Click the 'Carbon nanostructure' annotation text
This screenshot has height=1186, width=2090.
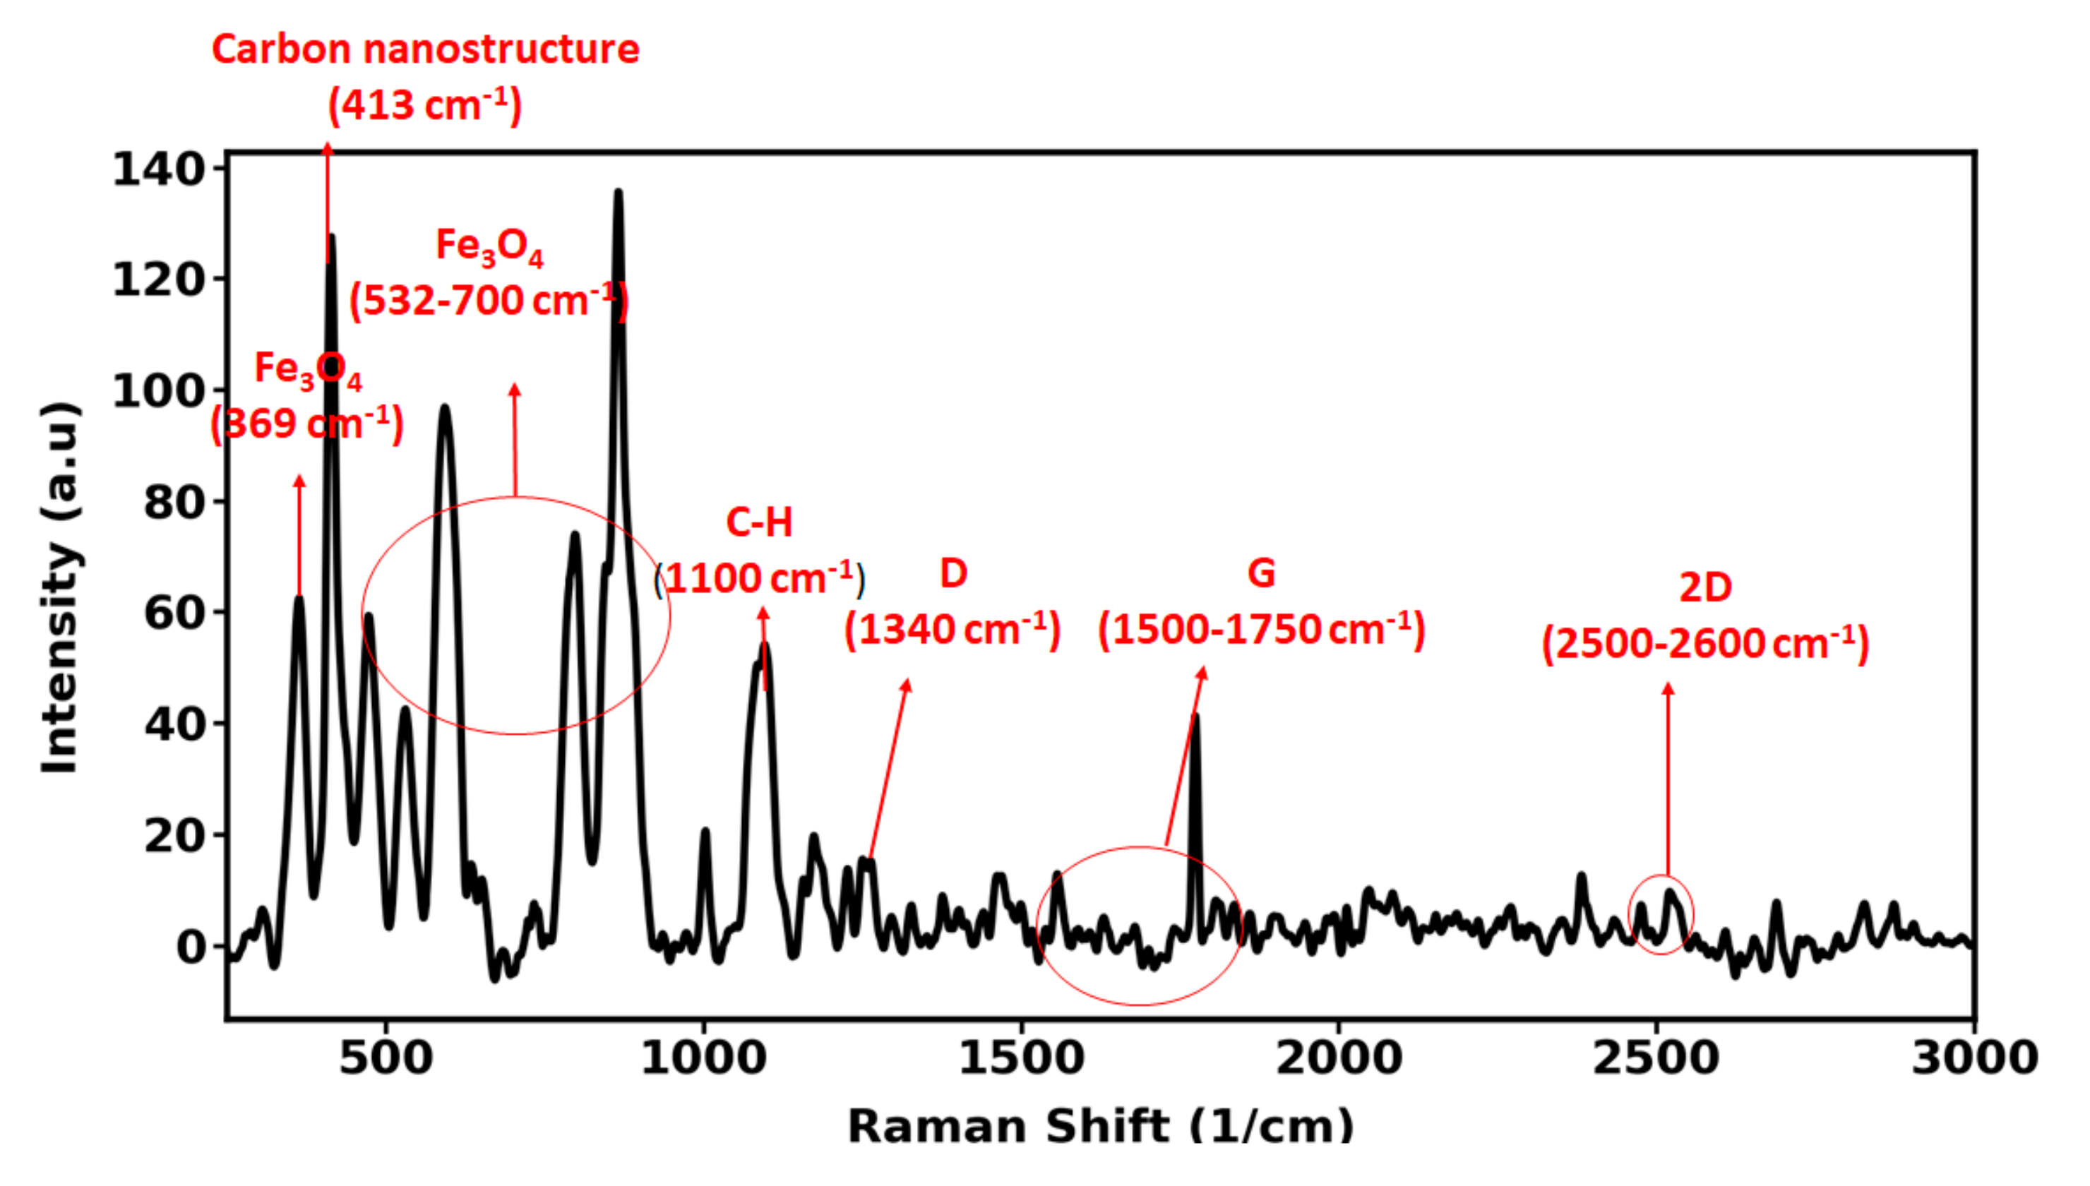(425, 49)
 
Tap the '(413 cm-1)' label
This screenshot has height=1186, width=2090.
(424, 105)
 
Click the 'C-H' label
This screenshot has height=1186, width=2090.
(758, 522)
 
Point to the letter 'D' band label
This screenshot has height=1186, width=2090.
(953, 573)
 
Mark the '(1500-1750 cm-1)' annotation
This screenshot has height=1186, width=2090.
(1261, 630)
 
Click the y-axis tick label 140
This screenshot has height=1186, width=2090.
(158, 169)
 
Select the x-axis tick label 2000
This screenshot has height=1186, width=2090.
(1338, 1058)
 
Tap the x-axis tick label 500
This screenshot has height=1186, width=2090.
(386, 1058)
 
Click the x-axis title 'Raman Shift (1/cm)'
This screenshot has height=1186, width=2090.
(1099, 1127)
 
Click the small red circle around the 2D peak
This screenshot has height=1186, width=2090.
(1661, 915)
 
